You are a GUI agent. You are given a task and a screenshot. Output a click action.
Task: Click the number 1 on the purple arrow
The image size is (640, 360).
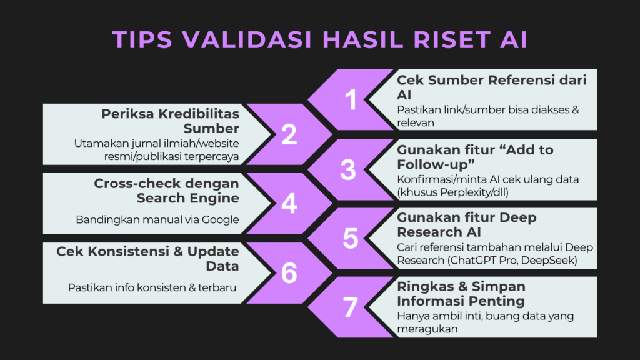pos(351,100)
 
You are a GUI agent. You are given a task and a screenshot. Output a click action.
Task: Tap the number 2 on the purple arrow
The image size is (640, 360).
pos(289,135)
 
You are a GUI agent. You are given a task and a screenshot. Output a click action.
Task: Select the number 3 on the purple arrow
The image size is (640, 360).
pos(348,170)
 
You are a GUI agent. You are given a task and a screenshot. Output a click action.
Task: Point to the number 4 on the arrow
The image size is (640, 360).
pos(289,204)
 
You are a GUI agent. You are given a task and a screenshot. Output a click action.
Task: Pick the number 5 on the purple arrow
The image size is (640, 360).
pos(351,239)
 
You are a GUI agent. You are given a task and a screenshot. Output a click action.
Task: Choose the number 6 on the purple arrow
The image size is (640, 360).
pos(289,273)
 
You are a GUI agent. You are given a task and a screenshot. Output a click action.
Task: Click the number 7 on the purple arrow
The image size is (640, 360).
pos(351,307)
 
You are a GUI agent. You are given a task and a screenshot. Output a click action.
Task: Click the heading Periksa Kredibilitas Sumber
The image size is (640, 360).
pos(171,121)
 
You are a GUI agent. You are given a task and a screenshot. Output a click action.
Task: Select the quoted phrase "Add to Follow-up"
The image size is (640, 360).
pos(475,157)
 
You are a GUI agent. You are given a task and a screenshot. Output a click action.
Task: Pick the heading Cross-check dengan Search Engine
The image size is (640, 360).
pos(166,191)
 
